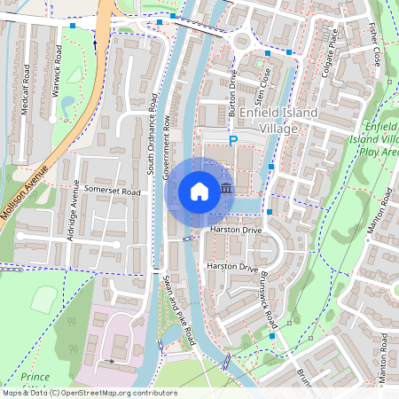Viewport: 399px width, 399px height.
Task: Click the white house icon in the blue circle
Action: click(199, 191)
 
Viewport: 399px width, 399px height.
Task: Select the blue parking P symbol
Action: click(233, 141)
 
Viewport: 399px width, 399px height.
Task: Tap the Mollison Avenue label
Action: click(27, 203)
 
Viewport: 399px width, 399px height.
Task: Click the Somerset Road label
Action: click(113, 192)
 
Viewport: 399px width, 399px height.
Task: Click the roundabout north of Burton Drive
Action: click(241, 41)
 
